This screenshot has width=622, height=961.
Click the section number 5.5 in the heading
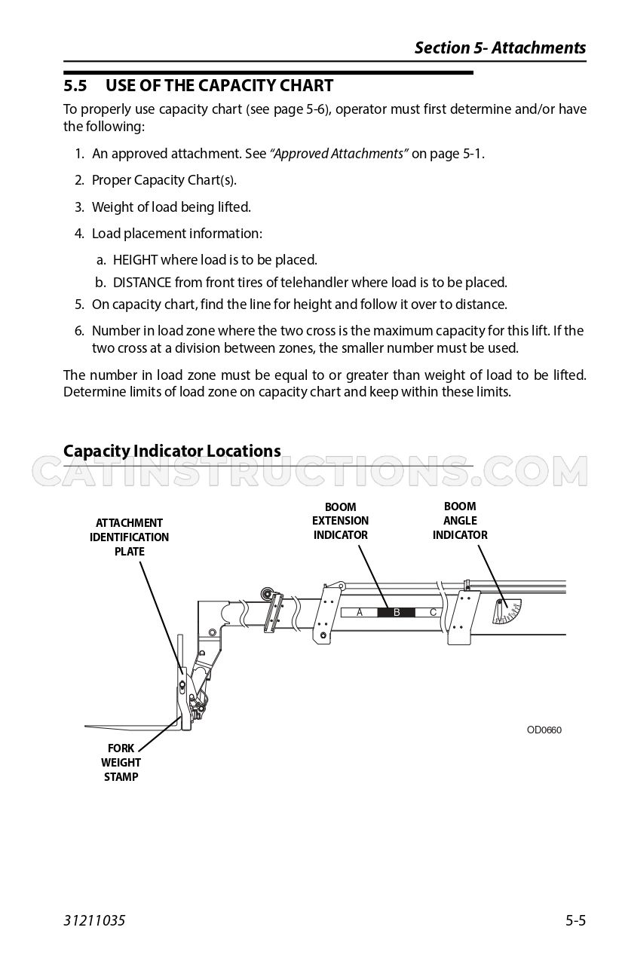coord(75,86)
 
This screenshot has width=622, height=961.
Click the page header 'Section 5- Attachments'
coord(500,47)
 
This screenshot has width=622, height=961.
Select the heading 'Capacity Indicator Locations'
coord(172,451)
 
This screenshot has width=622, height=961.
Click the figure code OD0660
coord(544,730)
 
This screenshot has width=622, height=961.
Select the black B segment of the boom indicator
coord(397,612)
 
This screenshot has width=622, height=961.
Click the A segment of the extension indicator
coord(360,612)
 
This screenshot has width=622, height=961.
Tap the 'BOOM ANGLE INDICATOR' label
coord(460,520)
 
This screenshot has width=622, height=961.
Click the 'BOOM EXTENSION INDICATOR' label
coord(340,521)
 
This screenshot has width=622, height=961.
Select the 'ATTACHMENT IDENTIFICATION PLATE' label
coord(129,537)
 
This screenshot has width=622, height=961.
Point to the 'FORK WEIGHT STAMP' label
coord(121,762)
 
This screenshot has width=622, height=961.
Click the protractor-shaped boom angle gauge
coord(507,611)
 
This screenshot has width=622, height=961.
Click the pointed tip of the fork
coord(85,726)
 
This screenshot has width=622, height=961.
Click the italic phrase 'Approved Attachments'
coord(339,154)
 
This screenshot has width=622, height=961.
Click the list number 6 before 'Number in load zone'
coord(78,331)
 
